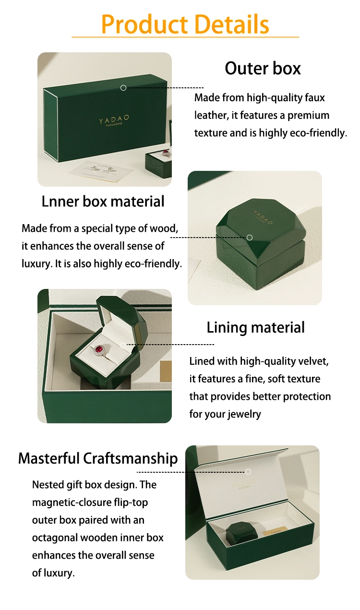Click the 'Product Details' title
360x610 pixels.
tap(185, 24)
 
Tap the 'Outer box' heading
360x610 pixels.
tap(263, 68)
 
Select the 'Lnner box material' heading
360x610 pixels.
tap(103, 202)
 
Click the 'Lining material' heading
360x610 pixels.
tap(255, 328)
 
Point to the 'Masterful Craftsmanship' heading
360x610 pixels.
tap(98, 458)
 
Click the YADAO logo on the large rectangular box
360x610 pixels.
tap(114, 120)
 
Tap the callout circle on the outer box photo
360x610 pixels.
tap(123, 88)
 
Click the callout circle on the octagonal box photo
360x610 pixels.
tap(250, 238)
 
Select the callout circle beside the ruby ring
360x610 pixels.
tap(123, 345)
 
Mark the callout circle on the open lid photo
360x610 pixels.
tap(248, 472)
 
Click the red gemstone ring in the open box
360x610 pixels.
tap(100, 350)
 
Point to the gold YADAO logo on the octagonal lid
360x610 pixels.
tap(263, 217)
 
